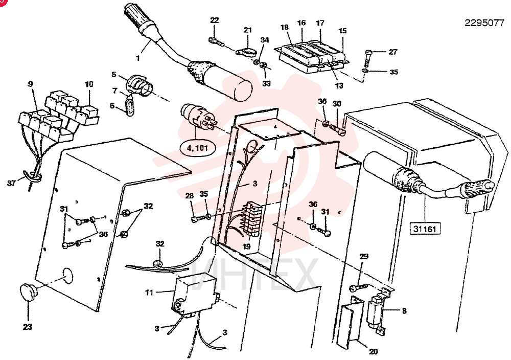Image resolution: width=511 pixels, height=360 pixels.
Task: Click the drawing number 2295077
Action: click(x=484, y=23)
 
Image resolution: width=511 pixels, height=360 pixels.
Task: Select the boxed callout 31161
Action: click(x=425, y=228)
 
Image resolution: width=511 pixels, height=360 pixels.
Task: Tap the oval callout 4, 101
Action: click(x=197, y=149)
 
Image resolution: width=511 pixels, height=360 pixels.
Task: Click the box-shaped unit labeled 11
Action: click(x=194, y=296)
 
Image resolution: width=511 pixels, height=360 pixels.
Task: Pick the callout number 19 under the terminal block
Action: click(x=247, y=246)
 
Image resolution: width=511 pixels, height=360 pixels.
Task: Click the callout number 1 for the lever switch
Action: click(x=138, y=59)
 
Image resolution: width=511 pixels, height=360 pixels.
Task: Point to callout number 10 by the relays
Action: click(x=89, y=84)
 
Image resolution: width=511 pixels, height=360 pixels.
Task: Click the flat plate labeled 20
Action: click(x=350, y=321)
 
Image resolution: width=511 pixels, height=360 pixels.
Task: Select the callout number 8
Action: click(x=404, y=311)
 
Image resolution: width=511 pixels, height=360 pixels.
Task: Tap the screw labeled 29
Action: click(x=358, y=287)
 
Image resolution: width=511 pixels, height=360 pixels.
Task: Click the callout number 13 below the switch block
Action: click(x=339, y=85)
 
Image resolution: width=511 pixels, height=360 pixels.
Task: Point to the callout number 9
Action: click(x=30, y=84)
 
